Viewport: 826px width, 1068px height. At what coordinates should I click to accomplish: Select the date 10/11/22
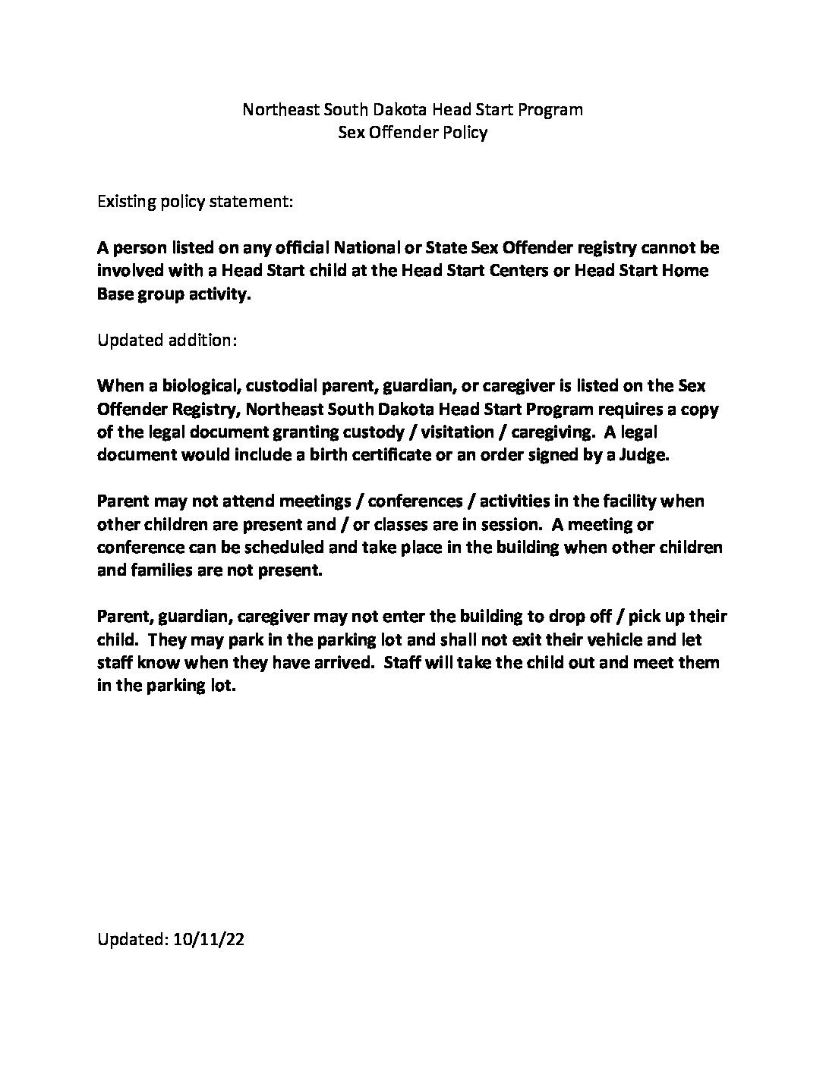(x=209, y=939)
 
